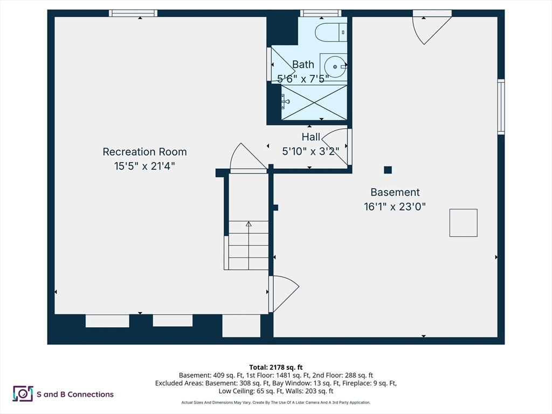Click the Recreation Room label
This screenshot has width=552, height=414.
click(144, 152)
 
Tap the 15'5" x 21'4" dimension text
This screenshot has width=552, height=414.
click(144, 166)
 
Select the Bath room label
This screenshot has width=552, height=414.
click(303, 65)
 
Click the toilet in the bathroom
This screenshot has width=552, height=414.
click(330, 33)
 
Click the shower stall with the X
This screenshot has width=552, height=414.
click(314, 102)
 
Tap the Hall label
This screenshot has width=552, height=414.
click(311, 137)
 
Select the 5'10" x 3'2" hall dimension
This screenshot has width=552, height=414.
click(311, 151)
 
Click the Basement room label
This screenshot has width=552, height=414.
click(395, 192)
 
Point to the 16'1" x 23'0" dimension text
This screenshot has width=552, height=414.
click(395, 206)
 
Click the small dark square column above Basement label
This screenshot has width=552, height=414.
click(388, 170)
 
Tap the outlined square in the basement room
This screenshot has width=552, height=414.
click(464, 223)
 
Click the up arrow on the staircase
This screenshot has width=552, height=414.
click(249, 223)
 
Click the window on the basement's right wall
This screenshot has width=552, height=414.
click(501, 107)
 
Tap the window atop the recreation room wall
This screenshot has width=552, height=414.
click(133, 13)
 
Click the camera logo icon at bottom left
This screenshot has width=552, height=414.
click(23, 394)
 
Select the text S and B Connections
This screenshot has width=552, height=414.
click(75, 394)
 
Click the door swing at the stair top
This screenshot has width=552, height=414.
click(247, 159)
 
